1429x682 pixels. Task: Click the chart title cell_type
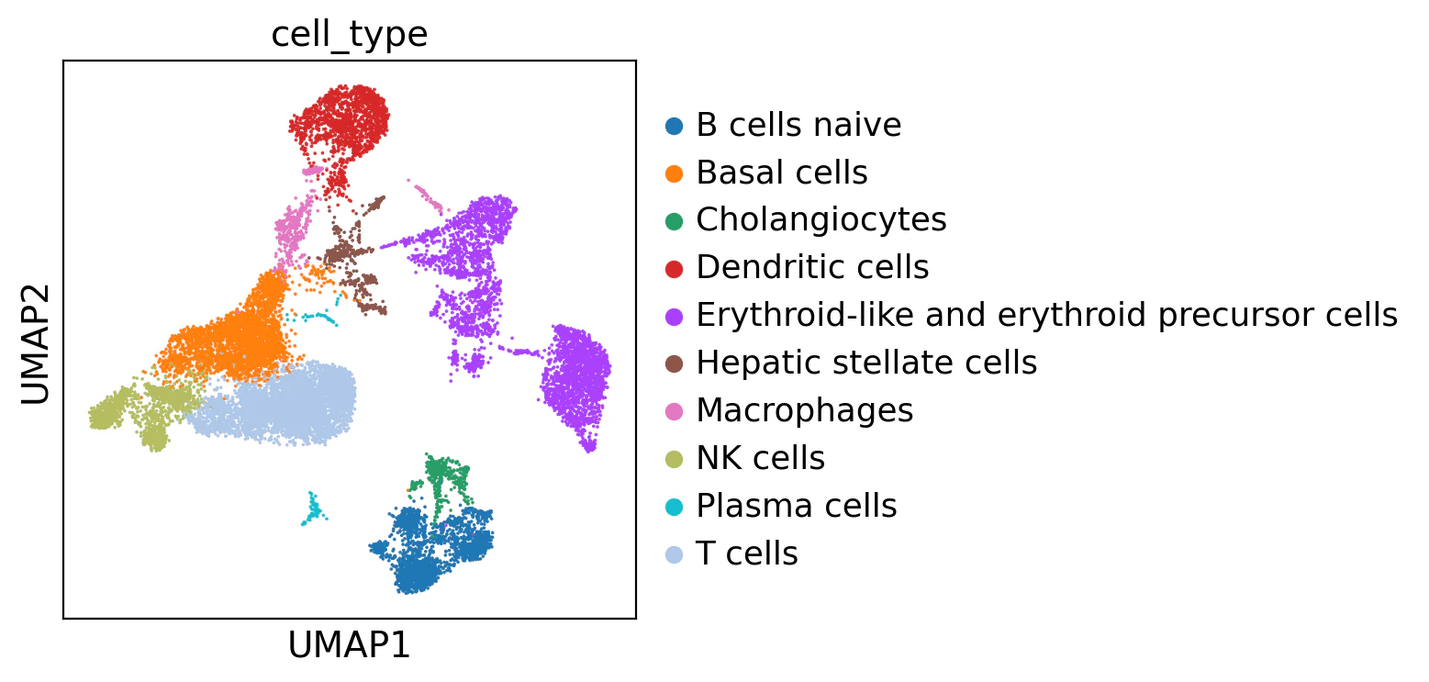coord(349,35)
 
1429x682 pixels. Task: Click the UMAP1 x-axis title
coord(349,645)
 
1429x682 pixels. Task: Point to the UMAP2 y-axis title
coord(36,344)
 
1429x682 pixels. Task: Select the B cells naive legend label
coord(798,125)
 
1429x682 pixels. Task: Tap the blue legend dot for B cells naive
coord(675,126)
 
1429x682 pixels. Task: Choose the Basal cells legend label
coord(782,173)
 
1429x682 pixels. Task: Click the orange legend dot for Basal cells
coord(675,173)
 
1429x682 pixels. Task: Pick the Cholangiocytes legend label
coord(821,219)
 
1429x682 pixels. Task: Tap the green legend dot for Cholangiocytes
coord(675,221)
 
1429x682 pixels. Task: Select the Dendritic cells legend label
coord(813,267)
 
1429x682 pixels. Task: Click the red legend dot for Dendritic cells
coord(675,269)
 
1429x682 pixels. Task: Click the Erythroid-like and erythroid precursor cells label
coord(1047,315)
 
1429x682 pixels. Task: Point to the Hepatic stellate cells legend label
coord(866,363)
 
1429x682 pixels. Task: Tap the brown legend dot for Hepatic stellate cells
coord(675,364)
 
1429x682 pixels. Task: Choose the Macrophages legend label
coord(805,410)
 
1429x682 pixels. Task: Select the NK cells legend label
coord(761,457)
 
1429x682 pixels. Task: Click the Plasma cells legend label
coord(797,505)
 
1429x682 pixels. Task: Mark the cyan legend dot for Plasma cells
coord(675,508)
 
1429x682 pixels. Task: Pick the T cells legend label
coord(747,553)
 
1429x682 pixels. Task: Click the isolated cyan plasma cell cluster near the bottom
coord(313,509)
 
